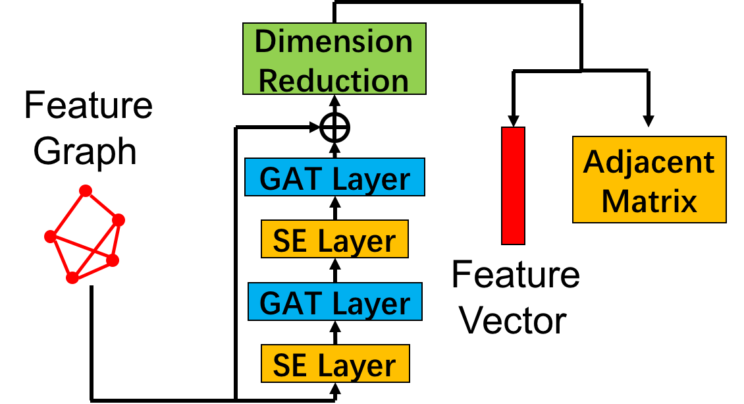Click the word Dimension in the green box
pyautogui.click(x=334, y=42)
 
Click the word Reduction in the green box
pyautogui.click(x=334, y=80)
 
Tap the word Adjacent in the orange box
pyautogui.click(x=649, y=162)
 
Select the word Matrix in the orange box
pyautogui.click(x=649, y=200)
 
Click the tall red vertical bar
pyautogui.click(x=513, y=186)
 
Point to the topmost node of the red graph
pyautogui.click(x=86, y=191)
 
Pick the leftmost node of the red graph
pyautogui.click(x=50, y=236)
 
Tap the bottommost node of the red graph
pyautogui.click(x=72, y=278)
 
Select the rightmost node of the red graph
pyautogui.click(x=119, y=219)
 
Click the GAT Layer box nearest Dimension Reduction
pyautogui.click(x=334, y=177)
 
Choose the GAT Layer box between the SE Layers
pyautogui.click(x=334, y=302)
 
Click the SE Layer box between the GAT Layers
pyautogui.click(x=334, y=239)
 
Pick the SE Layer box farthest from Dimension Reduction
pyautogui.click(x=334, y=364)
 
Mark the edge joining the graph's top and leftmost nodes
pyautogui.click(x=68, y=214)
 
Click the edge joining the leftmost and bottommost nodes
pyautogui.click(x=61, y=257)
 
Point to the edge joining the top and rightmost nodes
pyautogui.click(x=102, y=205)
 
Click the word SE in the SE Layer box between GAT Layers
pyautogui.click(x=290, y=241)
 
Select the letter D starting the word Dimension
pyautogui.click(x=265, y=42)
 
